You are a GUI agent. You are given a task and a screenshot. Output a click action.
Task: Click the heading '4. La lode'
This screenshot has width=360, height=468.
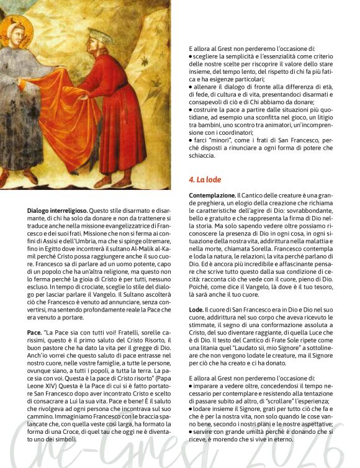[205, 179]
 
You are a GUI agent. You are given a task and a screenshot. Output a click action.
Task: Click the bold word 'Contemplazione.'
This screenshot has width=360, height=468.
[212, 196]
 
